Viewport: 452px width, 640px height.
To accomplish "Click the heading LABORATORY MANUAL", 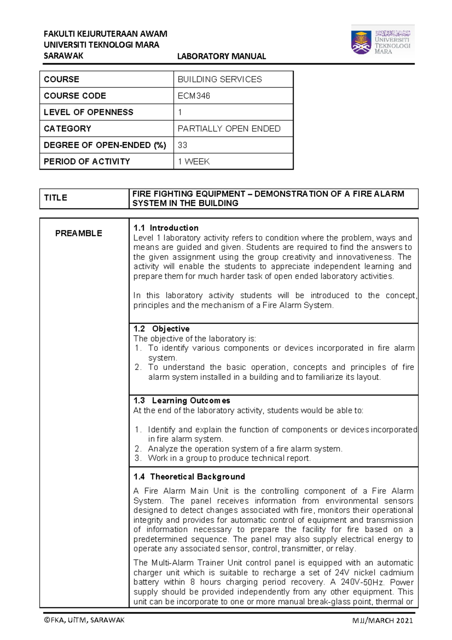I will (x=221, y=56).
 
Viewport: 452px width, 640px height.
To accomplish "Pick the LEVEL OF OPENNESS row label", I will (x=89, y=112).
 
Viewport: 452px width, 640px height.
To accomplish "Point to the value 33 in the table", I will (x=182, y=145).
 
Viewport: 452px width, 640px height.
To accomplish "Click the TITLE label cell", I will (x=56, y=198).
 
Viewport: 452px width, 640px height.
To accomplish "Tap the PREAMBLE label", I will (x=79, y=233).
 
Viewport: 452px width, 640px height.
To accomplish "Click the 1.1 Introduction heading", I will (x=166, y=228).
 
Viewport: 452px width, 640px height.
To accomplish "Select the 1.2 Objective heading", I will (x=161, y=328).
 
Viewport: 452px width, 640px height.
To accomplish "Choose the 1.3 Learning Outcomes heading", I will (x=182, y=401).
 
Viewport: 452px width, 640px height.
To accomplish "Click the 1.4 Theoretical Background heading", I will (x=189, y=477).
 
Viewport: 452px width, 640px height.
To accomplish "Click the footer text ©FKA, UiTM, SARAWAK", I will (x=84, y=620).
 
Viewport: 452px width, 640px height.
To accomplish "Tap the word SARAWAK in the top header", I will (x=63, y=56).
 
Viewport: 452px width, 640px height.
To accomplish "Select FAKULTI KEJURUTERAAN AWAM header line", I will (x=105, y=34).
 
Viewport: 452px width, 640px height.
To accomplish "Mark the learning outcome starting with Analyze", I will (x=245, y=449).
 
